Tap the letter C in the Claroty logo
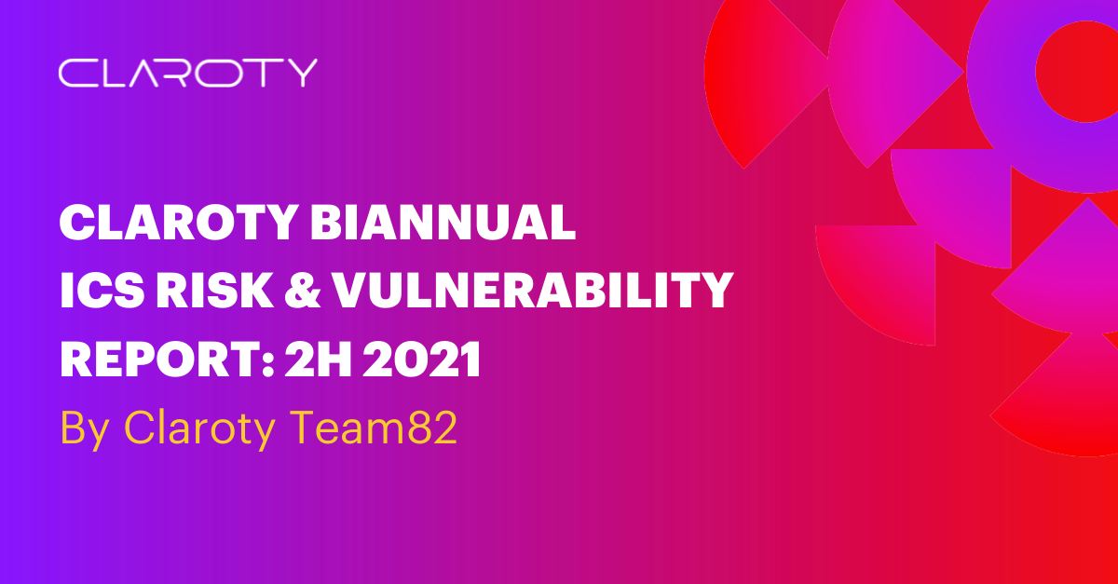click(x=75, y=73)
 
